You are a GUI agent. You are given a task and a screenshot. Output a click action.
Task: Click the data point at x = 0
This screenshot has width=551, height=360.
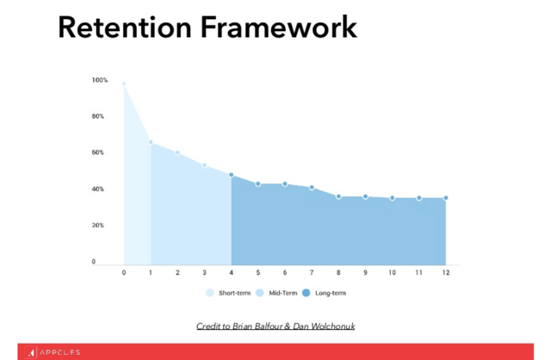[124, 84]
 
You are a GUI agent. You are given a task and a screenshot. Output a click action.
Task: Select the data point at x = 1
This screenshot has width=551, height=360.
[151, 142]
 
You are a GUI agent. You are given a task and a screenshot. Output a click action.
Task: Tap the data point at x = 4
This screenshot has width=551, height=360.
[232, 175]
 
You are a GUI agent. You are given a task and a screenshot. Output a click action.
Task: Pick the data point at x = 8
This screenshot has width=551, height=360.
[338, 196]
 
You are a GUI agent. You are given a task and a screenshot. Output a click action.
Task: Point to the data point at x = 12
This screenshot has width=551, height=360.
[446, 198]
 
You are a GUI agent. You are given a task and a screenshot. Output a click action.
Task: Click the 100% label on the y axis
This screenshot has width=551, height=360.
[100, 80]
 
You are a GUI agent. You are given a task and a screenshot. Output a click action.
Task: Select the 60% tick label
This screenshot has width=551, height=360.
[98, 152]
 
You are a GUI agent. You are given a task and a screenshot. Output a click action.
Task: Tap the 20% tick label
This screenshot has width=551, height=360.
[98, 225]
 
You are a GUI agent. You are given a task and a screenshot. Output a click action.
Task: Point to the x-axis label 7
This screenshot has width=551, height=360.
[312, 272]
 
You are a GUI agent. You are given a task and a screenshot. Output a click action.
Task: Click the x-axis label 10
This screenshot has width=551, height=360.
[393, 272]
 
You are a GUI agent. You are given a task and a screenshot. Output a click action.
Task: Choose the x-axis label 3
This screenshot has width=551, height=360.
[204, 272]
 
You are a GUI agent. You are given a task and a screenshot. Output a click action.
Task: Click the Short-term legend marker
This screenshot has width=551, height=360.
[210, 293]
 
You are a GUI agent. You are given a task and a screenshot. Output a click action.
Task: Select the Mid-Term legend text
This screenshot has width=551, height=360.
[283, 293]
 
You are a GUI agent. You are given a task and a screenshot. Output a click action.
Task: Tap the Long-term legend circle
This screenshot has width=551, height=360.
[306, 293]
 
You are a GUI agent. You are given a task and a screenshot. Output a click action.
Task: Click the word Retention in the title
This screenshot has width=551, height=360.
[125, 28]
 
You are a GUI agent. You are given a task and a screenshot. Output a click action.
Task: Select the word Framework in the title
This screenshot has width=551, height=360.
[279, 28]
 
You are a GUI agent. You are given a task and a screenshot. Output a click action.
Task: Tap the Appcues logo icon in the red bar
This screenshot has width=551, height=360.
[31, 352]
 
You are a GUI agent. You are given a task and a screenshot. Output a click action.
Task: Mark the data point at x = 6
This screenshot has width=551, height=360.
[285, 183]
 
